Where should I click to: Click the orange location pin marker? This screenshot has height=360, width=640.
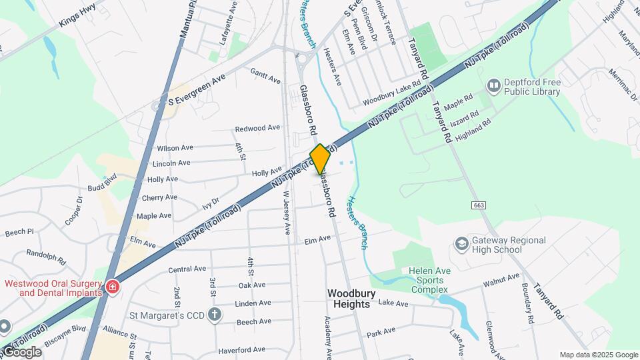click(320, 159)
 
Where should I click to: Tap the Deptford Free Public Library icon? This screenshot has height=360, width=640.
click(493, 85)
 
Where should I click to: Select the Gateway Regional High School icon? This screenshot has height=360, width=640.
click(461, 245)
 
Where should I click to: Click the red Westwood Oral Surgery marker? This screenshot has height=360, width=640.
click(113, 287)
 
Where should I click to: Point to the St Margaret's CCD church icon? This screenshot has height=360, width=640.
click(214, 315)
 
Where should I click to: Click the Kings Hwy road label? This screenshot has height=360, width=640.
click(77, 16)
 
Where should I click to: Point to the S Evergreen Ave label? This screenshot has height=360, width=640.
click(197, 90)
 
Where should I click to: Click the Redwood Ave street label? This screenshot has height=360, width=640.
click(257, 128)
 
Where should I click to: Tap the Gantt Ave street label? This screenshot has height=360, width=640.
click(265, 75)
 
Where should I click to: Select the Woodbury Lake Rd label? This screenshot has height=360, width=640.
click(392, 93)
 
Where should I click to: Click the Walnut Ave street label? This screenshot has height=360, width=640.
click(501, 281)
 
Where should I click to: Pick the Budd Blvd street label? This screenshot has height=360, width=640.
click(101, 183)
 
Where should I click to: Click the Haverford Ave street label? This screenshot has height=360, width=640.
click(241, 349)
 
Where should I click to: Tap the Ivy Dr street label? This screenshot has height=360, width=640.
click(211, 203)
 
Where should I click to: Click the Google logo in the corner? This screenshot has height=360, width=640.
click(21, 352)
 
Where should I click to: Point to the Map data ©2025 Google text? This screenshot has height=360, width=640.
click(598, 355)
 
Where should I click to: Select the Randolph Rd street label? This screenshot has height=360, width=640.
click(46, 257)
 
